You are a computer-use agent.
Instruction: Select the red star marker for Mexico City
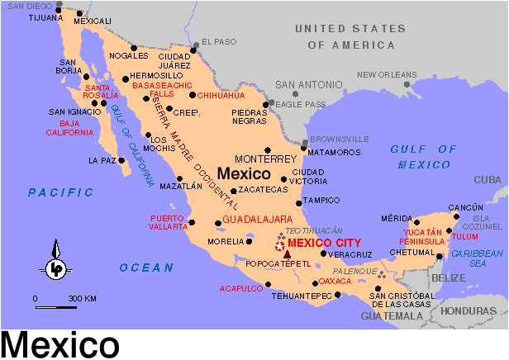(x=279, y=245)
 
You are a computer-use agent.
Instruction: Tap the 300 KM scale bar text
(x=82, y=297)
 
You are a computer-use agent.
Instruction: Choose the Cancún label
(x=464, y=206)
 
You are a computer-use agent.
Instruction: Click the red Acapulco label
(x=240, y=288)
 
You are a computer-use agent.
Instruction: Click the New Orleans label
(x=387, y=74)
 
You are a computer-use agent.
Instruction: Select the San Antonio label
(x=308, y=84)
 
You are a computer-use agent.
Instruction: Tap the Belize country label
(x=449, y=278)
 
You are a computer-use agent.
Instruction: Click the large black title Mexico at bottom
(x=60, y=343)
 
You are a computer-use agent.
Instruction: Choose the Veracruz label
(x=350, y=254)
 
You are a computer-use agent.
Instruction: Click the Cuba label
(x=488, y=179)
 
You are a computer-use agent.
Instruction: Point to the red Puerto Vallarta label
(x=168, y=223)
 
